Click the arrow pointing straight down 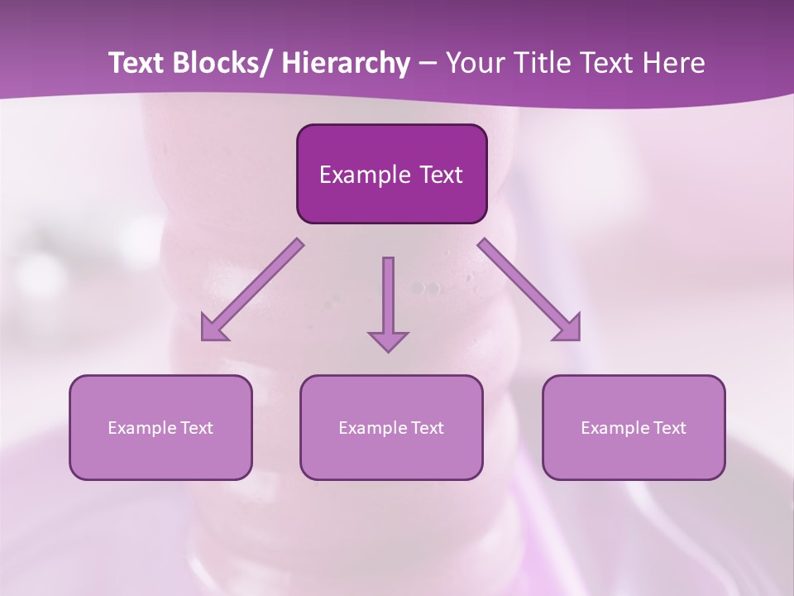(x=388, y=302)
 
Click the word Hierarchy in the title (x=346, y=63)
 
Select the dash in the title (x=428, y=65)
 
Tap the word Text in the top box (x=440, y=175)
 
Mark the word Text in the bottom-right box (x=670, y=428)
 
